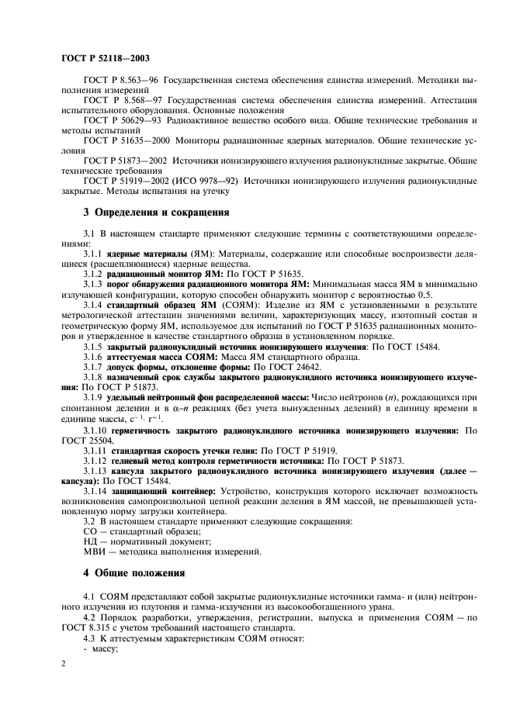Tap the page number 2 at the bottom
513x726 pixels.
pyautogui.click(x=64, y=664)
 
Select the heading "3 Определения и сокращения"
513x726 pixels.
pyautogui.click(x=155, y=211)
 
